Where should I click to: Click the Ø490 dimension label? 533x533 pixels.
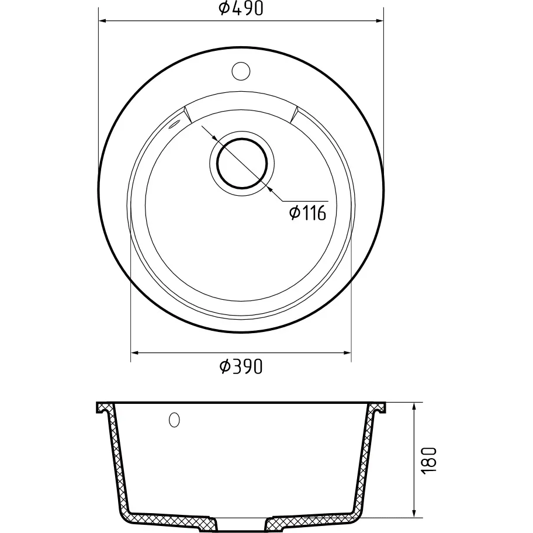click(241, 9)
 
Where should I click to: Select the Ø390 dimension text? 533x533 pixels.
click(241, 366)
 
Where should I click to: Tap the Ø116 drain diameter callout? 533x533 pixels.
click(307, 213)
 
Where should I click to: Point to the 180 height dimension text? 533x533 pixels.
click(428, 461)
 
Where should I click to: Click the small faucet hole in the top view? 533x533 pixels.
click(241, 71)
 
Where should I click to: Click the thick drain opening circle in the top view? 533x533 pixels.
click(242, 164)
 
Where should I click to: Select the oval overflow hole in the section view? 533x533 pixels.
click(174, 420)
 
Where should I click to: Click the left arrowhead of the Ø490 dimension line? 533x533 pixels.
click(102, 21)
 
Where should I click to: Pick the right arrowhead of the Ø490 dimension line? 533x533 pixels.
click(380, 21)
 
